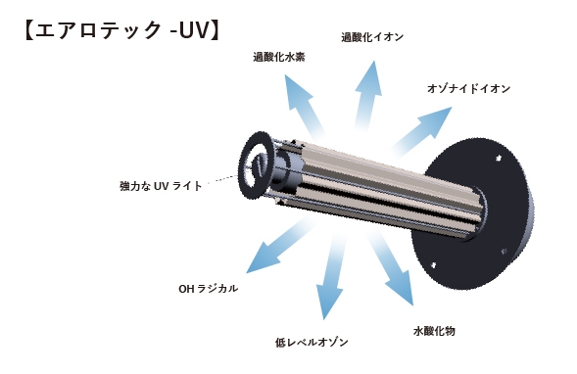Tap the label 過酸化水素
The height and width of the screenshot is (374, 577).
(278, 57)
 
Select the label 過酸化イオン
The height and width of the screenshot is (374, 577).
(372, 37)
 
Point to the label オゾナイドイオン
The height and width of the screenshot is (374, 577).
(468, 88)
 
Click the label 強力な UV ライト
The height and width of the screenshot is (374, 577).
(161, 185)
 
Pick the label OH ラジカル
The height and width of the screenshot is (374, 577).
(208, 289)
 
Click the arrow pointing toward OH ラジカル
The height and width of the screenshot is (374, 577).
(279, 245)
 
